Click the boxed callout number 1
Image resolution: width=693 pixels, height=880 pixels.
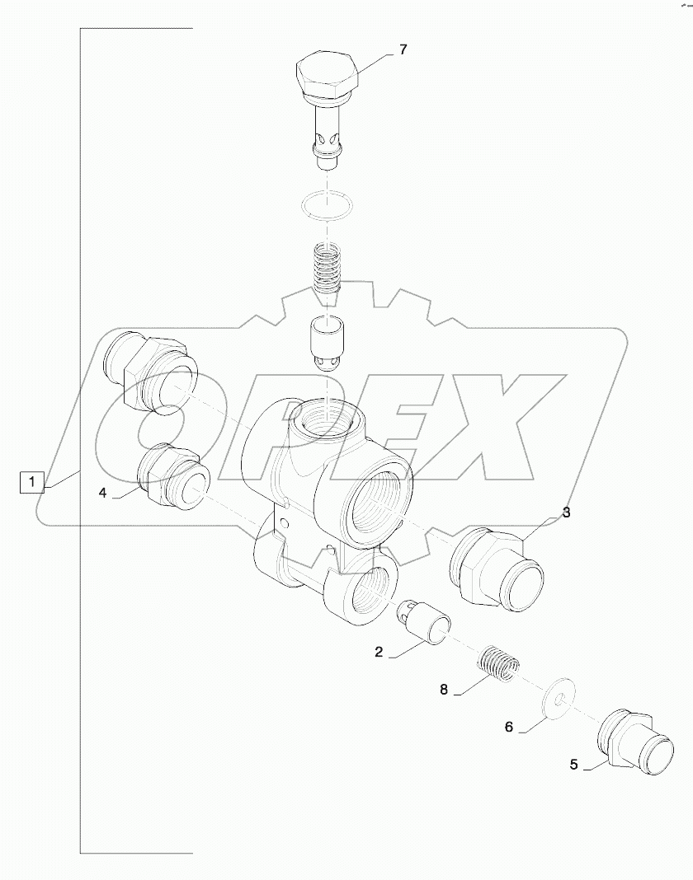tap(31, 482)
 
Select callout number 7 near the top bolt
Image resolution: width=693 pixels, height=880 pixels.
tap(403, 50)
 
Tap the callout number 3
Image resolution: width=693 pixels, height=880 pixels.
tap(566, 513)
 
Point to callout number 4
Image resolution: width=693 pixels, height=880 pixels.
tap(102, 493)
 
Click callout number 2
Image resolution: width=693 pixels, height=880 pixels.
tap(379, 652)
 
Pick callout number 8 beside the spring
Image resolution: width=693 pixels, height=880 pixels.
tap(443, 690)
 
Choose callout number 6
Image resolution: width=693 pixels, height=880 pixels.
tap(508, 727)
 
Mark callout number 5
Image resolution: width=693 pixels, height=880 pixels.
tap(574, 764)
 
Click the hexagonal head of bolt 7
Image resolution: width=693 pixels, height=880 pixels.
tap(328, 76)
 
